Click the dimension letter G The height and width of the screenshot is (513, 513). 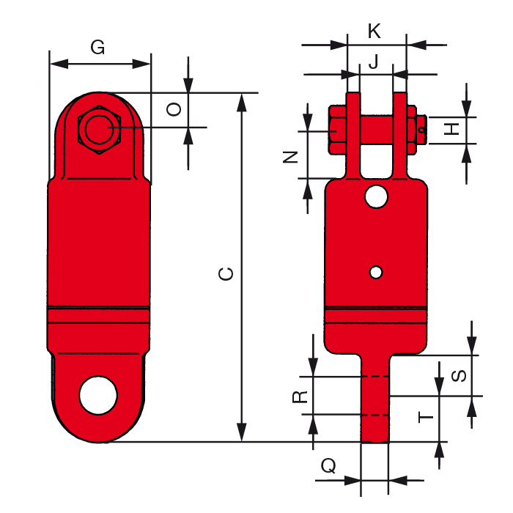click(x=97, y=48)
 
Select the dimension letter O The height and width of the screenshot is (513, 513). click(x=174, y=110)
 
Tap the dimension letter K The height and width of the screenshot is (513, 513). click(x=374, y=32)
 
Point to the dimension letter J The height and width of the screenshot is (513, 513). click(x=374, y=62)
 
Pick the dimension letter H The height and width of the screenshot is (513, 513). click(x=454, y=129)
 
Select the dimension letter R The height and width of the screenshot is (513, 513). click(x=299, y=396)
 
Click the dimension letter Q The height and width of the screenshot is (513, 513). click(x=330, y=465)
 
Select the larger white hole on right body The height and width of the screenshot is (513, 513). click(x=377, y=196)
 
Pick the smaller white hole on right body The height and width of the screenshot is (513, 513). click(x=376, y=272)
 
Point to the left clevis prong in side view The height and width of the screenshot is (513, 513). click(x=353, y=136)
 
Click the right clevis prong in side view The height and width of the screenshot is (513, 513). click(x=399, y=136)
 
